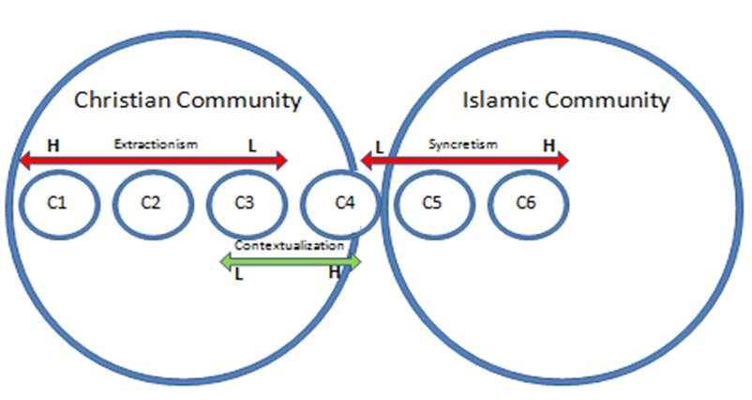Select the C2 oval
point(151,202)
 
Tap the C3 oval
point(244,202)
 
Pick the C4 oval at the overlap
point(341,202)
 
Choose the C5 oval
point(431,202)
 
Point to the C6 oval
point(526,202)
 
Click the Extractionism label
point(156,145)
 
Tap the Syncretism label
point(462,145)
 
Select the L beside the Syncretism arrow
point(379,146)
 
